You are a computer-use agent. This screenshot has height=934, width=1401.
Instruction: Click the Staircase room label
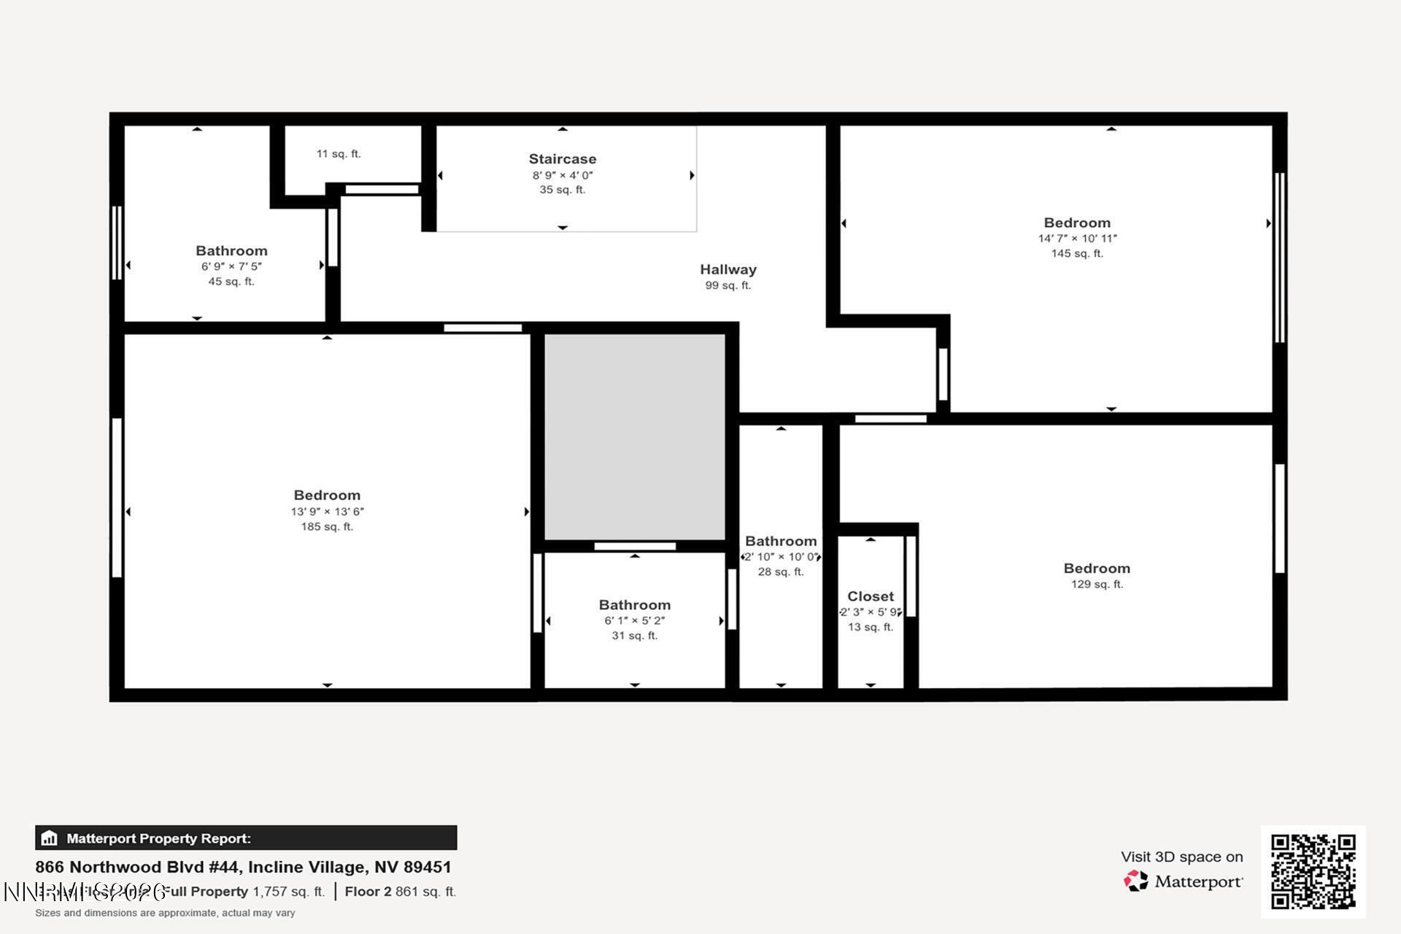562,159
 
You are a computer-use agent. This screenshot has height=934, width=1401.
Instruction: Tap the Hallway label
727,270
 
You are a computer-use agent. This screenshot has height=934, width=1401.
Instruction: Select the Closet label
870,597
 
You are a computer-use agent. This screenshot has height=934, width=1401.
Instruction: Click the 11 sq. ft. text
339,154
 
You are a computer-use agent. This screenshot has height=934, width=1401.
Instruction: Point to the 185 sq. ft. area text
327,527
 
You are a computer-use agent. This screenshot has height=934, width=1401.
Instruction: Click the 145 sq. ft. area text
1077,254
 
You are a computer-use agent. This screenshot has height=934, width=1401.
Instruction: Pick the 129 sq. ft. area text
1097,584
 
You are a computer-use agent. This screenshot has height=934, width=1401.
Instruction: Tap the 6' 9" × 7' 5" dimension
231,266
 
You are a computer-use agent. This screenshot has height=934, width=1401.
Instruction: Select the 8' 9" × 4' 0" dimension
562,175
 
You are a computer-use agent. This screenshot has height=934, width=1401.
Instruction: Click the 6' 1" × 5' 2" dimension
634,621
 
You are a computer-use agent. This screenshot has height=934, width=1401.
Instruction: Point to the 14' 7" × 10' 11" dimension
1077,239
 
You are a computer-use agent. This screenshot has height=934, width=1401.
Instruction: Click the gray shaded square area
634,436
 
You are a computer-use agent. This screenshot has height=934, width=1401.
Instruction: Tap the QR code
1313,871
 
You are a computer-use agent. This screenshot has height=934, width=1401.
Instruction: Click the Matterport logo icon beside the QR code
1135,881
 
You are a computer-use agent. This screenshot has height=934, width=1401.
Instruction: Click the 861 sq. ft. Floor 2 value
425,892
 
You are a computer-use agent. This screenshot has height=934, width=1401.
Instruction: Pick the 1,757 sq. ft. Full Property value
288,892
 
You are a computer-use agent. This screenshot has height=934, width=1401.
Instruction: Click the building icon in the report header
50,838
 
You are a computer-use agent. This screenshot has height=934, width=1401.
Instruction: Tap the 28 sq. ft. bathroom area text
780,572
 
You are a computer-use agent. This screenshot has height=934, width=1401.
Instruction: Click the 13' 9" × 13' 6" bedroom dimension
327,512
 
